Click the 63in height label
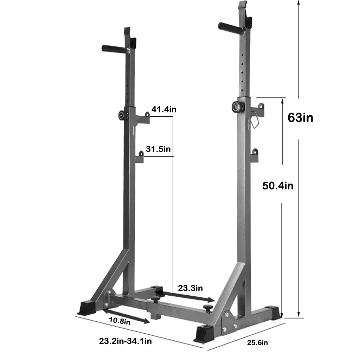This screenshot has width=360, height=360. pyautogui.click(x=300, y=117)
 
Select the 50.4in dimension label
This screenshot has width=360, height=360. pyautogui.click(x=278, y=185)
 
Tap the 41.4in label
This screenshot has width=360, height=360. pyautogui.click(x=164, y=109)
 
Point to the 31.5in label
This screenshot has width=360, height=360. pyautogui.click(x=159, y=149)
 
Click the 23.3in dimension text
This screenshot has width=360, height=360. pyautogui.click(x=190, y=288)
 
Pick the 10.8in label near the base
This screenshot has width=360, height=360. pyautogui.click(x=120, y=321)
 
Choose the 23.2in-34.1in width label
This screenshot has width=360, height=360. pyautogui.click(x=126, y=341)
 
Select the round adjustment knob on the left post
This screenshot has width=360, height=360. pyautogui.click(x=122, y=115)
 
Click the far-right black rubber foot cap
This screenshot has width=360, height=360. pyautogui.click(x=274, y=312)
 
